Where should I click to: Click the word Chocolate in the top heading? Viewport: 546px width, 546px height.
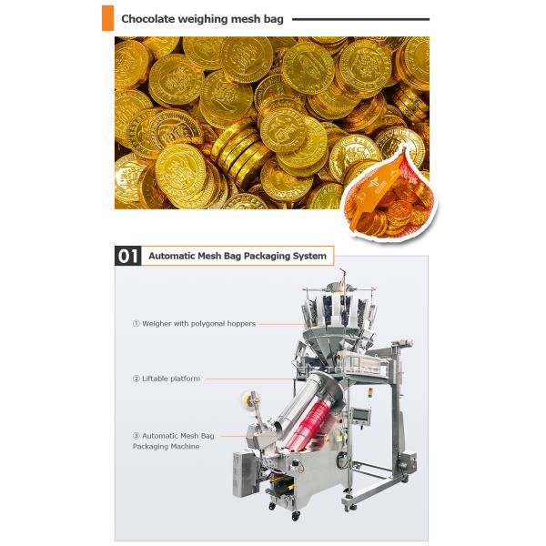coord(151,17)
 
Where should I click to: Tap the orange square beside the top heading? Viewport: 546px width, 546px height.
coord(107,17)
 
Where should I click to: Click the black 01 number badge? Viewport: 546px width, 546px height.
coord(127,256)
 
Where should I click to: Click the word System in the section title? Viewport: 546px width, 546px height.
coord(308,257)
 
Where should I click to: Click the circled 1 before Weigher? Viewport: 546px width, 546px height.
coord(136,323)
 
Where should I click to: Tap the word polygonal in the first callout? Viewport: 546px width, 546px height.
coord(211,323)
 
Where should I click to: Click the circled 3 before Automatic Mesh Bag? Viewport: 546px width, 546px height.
coord(136,437)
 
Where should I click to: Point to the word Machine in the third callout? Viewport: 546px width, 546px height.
coord(183,447)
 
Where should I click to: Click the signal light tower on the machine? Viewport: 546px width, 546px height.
coord(370,394)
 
